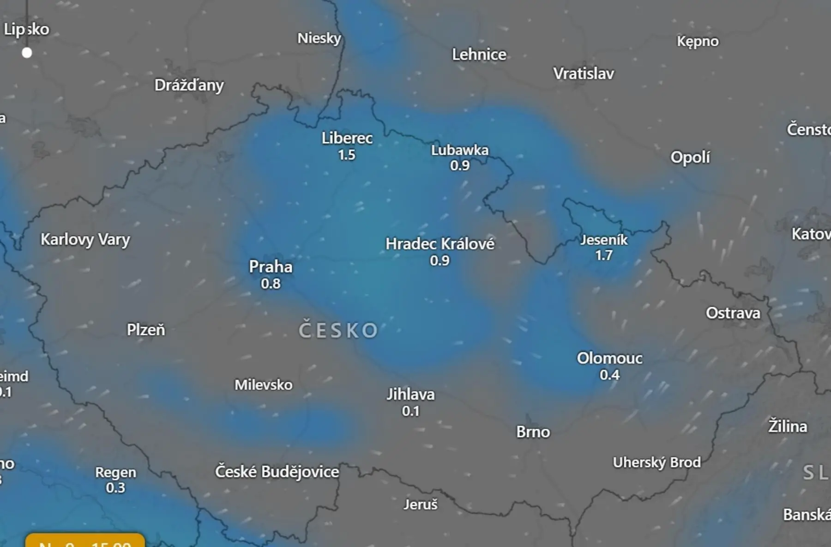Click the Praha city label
(271, 267)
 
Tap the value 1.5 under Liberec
(347, 155)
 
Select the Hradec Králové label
(440, 243)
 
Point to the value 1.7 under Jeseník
(604, 255)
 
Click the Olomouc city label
(609, 358)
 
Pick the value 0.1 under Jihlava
(410, 411)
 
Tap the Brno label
(533, 432)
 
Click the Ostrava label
(733, 313)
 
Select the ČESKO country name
(338, 330)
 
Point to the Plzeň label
(146, 330)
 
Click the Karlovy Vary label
(85, 239)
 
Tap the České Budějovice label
(277, 472)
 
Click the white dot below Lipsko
(27, 53)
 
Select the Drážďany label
(189, 85)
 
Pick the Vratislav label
(584, 73)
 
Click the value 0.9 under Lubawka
(460, 165)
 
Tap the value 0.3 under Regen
(115, 488)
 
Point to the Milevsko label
(263, 385)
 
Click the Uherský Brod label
(656, 462)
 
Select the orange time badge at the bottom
(85, 541)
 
